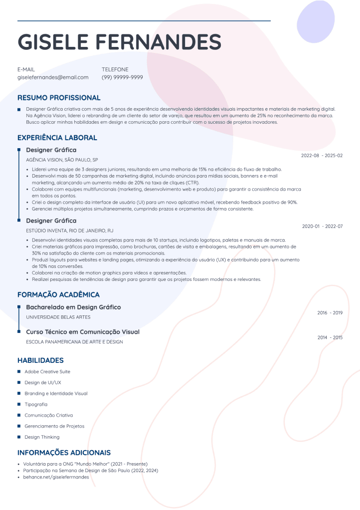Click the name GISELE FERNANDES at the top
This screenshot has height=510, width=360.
pyautogui.click(x=119, y=41)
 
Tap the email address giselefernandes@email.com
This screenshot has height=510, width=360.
pyautogui.click(x=53, y=77)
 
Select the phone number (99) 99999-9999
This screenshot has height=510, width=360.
pyautogui.click(x=122, y=77)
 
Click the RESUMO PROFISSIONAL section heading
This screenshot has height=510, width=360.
pyautogui.click(x=59, y=98)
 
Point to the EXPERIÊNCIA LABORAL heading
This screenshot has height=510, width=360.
pyautogui.click(x=57, y=138)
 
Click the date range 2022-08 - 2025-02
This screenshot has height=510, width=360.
pyautogui.click(x=322, y=156)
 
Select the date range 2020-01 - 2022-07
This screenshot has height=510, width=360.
pyautogui.click(x=322, y=227)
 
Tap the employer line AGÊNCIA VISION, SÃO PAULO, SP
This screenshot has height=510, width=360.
pyautogui.click(x=62, y=160)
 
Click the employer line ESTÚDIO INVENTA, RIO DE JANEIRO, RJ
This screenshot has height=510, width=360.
pyautogui.click(x=70, y=231)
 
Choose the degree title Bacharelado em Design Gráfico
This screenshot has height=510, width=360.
pyautogui.click(x=73, y=307)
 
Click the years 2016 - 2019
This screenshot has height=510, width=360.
pyautogui.click(x=330, y=313)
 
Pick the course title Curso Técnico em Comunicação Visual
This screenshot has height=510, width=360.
pyautogui.click(x=83, y=332)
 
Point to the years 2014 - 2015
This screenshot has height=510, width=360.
pyautogui.click(x=330, y=338)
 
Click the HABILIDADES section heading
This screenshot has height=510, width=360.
pyautogui.click(x=40, y=360)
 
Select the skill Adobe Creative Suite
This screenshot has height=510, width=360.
pyautogui.click(x=47, y=372)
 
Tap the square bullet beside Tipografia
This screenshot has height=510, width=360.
pyautogui.click(x=19, y=404)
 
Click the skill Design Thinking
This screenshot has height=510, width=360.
pyautogui.click(x=42, y=437)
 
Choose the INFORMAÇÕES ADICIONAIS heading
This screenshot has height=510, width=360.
pyautogui.click(x=64, y=453)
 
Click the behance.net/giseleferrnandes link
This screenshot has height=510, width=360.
pyautogui.click(x=56, y=477)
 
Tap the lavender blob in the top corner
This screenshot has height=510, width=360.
pyautogui.click(x=315, y=22)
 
